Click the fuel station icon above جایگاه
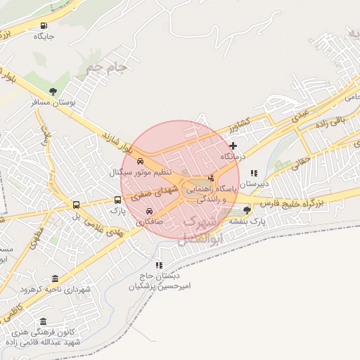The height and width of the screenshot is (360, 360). tap(46, 22)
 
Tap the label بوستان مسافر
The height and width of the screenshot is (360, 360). tap(54, 103)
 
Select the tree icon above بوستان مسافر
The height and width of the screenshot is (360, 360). tap(53, 91)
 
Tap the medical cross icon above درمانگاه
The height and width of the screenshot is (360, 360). tap(233, 146)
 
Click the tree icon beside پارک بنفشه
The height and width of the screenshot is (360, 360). tap(247, 210)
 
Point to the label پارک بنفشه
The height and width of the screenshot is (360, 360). tap(249, 221)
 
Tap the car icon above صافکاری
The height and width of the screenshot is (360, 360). tap(149, 211)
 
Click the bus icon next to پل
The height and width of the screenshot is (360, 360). tap(75, 205)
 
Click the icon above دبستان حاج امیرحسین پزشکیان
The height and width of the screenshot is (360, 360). tap(159, 265)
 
